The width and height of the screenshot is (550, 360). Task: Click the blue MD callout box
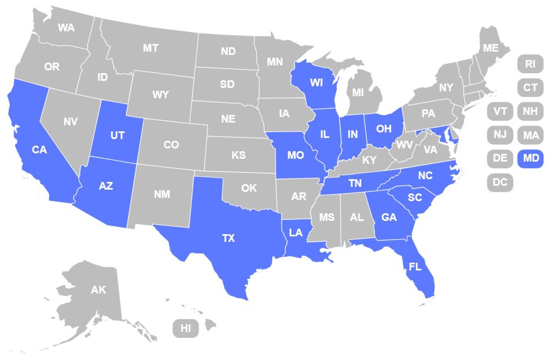pyautogui.click(x=530, y=158)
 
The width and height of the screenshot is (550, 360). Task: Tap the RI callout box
pyautogui.click(x=530, y=64)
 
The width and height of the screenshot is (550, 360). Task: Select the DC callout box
pyautogui.click(x=500, y=182)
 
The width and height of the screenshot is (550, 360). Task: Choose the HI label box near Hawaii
pyautogui.click(x=186, y=329)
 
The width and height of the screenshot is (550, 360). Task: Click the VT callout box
pyautogui.click(x=500, y=111)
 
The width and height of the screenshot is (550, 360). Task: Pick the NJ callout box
pyautogui.click(x=500, y=135)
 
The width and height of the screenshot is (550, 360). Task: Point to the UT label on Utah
pyautogui.click(x=117, y=135)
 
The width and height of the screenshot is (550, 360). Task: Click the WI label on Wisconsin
pyautogui.click(x=316, y=83)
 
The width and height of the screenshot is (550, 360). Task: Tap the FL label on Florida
pyautogui.click(x=415, y=267)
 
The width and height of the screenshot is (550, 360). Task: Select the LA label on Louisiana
pyautogui.click(x=296, y=232)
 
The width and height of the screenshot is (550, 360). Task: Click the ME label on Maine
pyautogui.click(x=491, y=48)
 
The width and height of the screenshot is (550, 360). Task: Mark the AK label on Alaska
pyautogui.click(x=98, y=290)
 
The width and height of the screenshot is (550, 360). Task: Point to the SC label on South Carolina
pyautogui.click(x=415, y=198)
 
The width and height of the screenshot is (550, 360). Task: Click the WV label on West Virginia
pyautogui.click(x=405, y=145)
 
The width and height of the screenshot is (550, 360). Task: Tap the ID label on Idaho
pyautogui.click(x=102, y=77)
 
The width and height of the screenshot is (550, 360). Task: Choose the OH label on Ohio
pyautogui.click(x=383, y=129)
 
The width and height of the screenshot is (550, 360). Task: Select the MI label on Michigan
pyautogui.click(x=358, y=93)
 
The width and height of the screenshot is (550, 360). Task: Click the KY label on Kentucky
pyautogui.click(x=369, y=160)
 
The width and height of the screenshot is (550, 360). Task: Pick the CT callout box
pyautogui.click(x=530, y=87)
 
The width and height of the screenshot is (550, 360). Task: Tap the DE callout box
pyautogui.click(x=500, y=158)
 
